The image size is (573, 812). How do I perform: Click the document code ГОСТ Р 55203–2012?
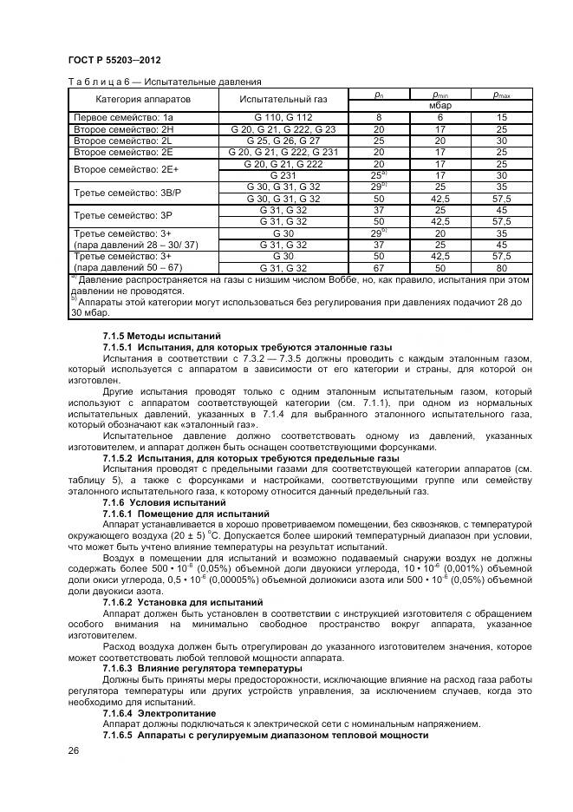[x=114, y=60]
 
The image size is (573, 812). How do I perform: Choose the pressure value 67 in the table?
[x=378, y=268]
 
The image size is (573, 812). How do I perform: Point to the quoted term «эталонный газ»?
[x=222, y=426]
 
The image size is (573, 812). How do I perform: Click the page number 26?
[x=74, y=750]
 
